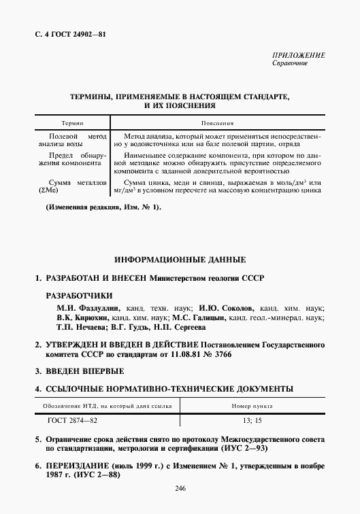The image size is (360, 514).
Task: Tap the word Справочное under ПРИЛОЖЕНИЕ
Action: (x=291, y=63)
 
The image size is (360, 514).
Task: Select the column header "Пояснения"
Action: (x=218, y=124)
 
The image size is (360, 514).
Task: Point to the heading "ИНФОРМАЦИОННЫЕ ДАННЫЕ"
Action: (x=180, y=260)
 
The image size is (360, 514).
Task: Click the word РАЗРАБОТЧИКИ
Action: (x=79, y=296)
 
